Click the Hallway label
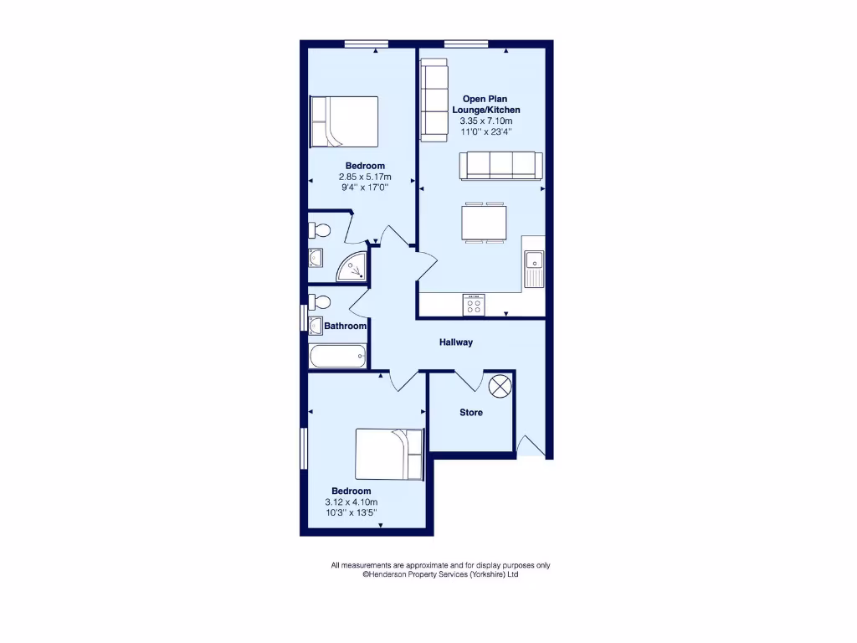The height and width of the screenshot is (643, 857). coord(457,342)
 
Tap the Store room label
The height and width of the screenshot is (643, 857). coord(471,413)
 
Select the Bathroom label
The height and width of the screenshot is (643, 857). coord(345,326)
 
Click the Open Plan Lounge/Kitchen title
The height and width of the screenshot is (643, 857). coord(486,105)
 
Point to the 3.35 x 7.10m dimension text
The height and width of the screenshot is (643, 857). coord(486,121)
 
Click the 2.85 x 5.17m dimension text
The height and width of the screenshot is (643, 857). coord(365,177)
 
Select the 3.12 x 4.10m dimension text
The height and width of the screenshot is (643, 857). coord(352,502)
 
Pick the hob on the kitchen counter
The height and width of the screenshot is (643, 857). coord(473,306)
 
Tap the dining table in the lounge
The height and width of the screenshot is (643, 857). coord(483,222)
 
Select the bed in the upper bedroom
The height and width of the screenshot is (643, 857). coord(344,121)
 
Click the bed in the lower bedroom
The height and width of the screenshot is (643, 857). coord(389,454)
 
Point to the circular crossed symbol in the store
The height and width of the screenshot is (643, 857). coord(500,386)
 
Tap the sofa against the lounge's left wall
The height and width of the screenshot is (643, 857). coord(434,98)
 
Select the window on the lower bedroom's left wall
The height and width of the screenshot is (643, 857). coord(304,449)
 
